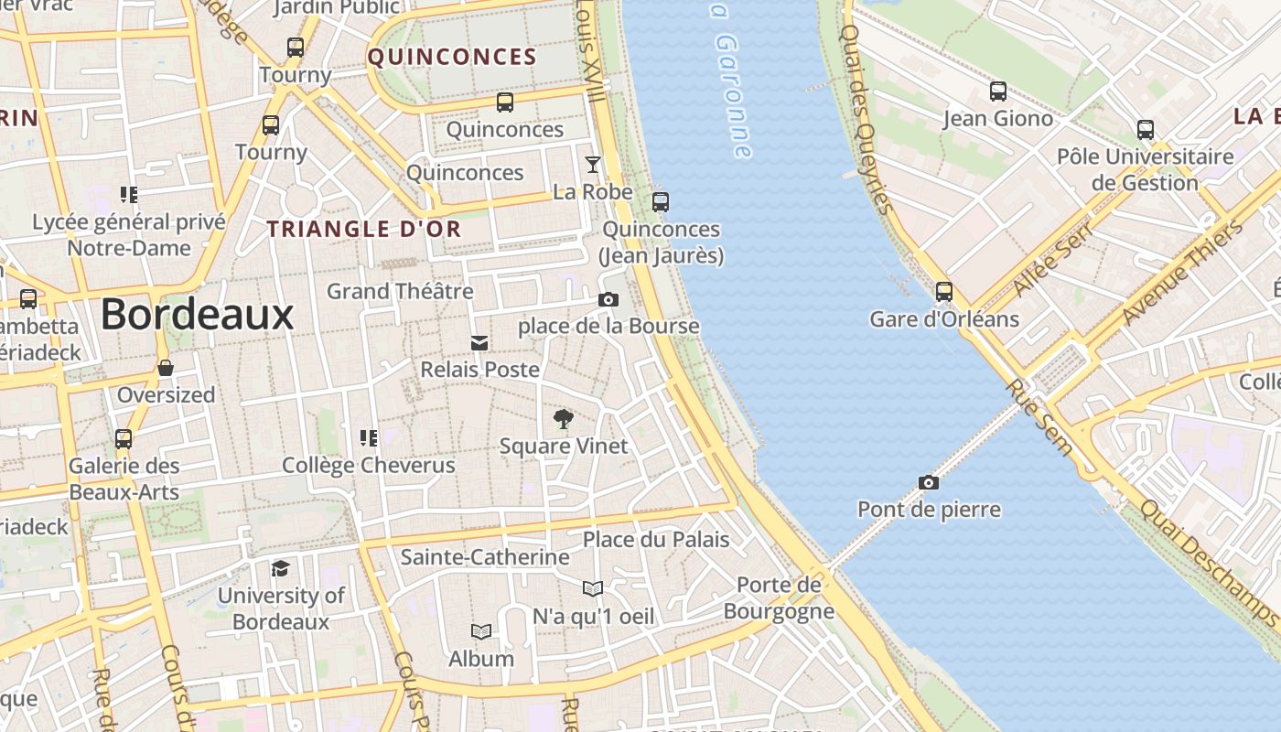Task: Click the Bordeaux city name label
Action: click(197, 315)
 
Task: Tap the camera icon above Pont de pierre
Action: click(929, 482)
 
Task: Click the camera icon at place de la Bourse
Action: click(608, 299)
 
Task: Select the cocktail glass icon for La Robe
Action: click(593, 165)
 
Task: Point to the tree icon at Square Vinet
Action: click(564, 419)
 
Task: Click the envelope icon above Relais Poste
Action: click(479, 343)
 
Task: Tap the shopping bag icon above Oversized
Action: click(166, 368)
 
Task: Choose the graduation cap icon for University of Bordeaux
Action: click(280, 568)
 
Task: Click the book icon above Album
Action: click(481, 631)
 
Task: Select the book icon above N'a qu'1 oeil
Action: click(593, 588)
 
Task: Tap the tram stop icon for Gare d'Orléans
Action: click(944, 292)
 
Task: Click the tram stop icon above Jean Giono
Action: click(998, 91)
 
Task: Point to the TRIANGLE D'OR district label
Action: click(364, 229)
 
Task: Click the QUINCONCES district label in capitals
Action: click(452, 57)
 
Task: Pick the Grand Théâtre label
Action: click(401, 291)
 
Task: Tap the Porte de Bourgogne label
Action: click(779, 598)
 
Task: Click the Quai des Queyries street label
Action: click(866, 119)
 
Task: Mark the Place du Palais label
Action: click(656, 539)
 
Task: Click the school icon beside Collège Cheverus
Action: click(369, 437)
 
